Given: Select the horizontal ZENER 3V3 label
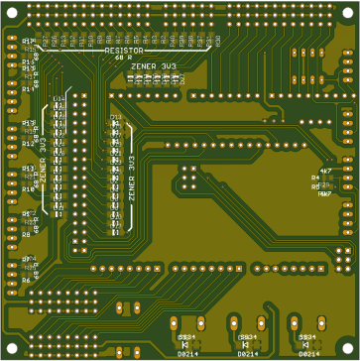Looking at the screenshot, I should click(155, 65).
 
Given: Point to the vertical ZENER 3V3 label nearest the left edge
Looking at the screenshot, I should click(42, 160).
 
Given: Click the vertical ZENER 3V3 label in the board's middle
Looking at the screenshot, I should click(131, 179).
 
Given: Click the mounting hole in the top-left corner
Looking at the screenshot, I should click(10, 11).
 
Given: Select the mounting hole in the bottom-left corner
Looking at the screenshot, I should click(10, 348).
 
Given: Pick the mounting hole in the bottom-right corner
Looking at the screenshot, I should click(348, 348).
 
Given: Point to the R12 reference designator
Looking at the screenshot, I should click(27, 144).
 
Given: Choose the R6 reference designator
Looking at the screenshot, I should click(27, 280).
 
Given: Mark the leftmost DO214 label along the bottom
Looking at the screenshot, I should click(186, 353).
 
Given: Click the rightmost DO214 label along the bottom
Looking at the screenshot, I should click(308, 353).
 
